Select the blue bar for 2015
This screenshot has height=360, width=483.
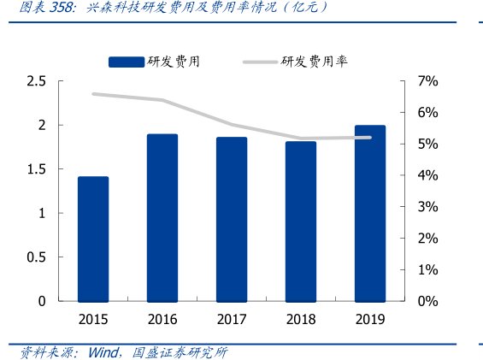pos(93,239)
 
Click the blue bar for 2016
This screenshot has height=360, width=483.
pos(162,217)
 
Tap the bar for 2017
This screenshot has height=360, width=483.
pos(232,219)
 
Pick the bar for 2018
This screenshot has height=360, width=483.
pos(301,221)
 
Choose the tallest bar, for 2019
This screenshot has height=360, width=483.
pos(370,213)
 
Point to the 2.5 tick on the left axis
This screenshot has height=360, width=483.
pos(36,81)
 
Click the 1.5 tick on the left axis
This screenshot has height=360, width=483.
pos(36,169)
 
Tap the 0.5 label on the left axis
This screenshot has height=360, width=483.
pos(36,257)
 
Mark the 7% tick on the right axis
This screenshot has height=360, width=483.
pos(427,81)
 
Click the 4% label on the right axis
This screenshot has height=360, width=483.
pos(427,175)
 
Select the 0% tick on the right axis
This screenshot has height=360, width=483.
pos(427,301)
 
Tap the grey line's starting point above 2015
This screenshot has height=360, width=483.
pos(93,94)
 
